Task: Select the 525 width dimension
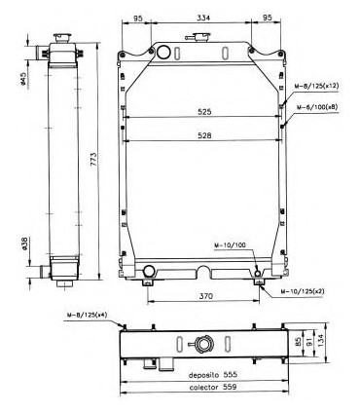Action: pos(203,112)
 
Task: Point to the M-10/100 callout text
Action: pos(231,246)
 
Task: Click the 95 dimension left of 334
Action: pos(138,18)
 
